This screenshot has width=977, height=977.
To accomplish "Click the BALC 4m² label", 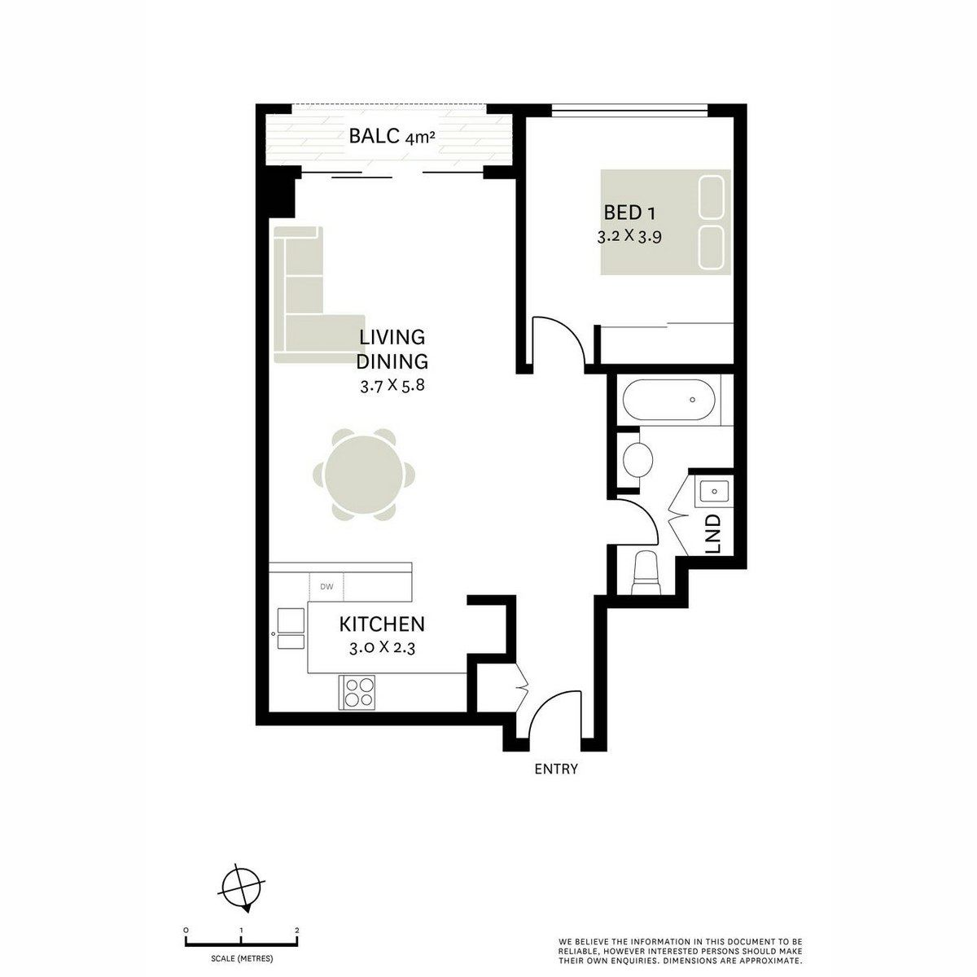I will [392, 137].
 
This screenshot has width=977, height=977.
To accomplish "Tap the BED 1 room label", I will [629, 212].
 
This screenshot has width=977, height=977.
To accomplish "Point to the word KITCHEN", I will [382, 624].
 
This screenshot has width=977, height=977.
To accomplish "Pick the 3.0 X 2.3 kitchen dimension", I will [382, 649].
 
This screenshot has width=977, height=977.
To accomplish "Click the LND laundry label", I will [713, 534].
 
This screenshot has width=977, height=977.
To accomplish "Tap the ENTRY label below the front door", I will [556, 769].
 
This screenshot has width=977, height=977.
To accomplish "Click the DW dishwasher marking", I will [326, 586].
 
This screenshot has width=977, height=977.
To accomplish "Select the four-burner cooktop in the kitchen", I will [357, 692].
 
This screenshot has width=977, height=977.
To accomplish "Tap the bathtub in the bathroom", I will [669, 401].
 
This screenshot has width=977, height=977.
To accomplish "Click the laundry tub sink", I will [713, 491].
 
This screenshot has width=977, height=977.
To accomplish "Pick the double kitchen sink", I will [290, 629].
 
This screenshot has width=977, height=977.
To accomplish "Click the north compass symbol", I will [243, 887].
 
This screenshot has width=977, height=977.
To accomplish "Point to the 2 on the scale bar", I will [297, 930].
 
